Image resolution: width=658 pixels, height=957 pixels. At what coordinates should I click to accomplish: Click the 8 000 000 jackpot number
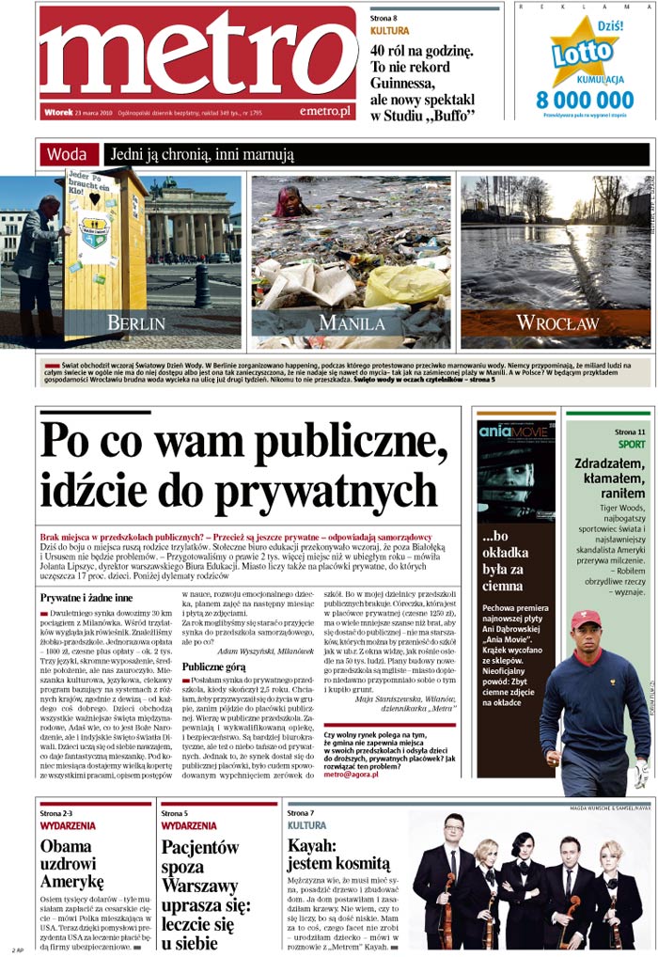pos(585,100)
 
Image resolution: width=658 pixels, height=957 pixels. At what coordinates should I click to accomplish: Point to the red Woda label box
pos(69,154)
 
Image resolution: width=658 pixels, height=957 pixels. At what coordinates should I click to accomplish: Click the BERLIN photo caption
pos(135,322)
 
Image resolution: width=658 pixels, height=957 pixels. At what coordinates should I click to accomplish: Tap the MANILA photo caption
pos(351,322)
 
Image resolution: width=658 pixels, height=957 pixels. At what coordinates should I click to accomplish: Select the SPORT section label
pos(632,444)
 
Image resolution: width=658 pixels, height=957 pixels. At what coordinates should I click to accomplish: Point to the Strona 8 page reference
pos(384,18)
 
